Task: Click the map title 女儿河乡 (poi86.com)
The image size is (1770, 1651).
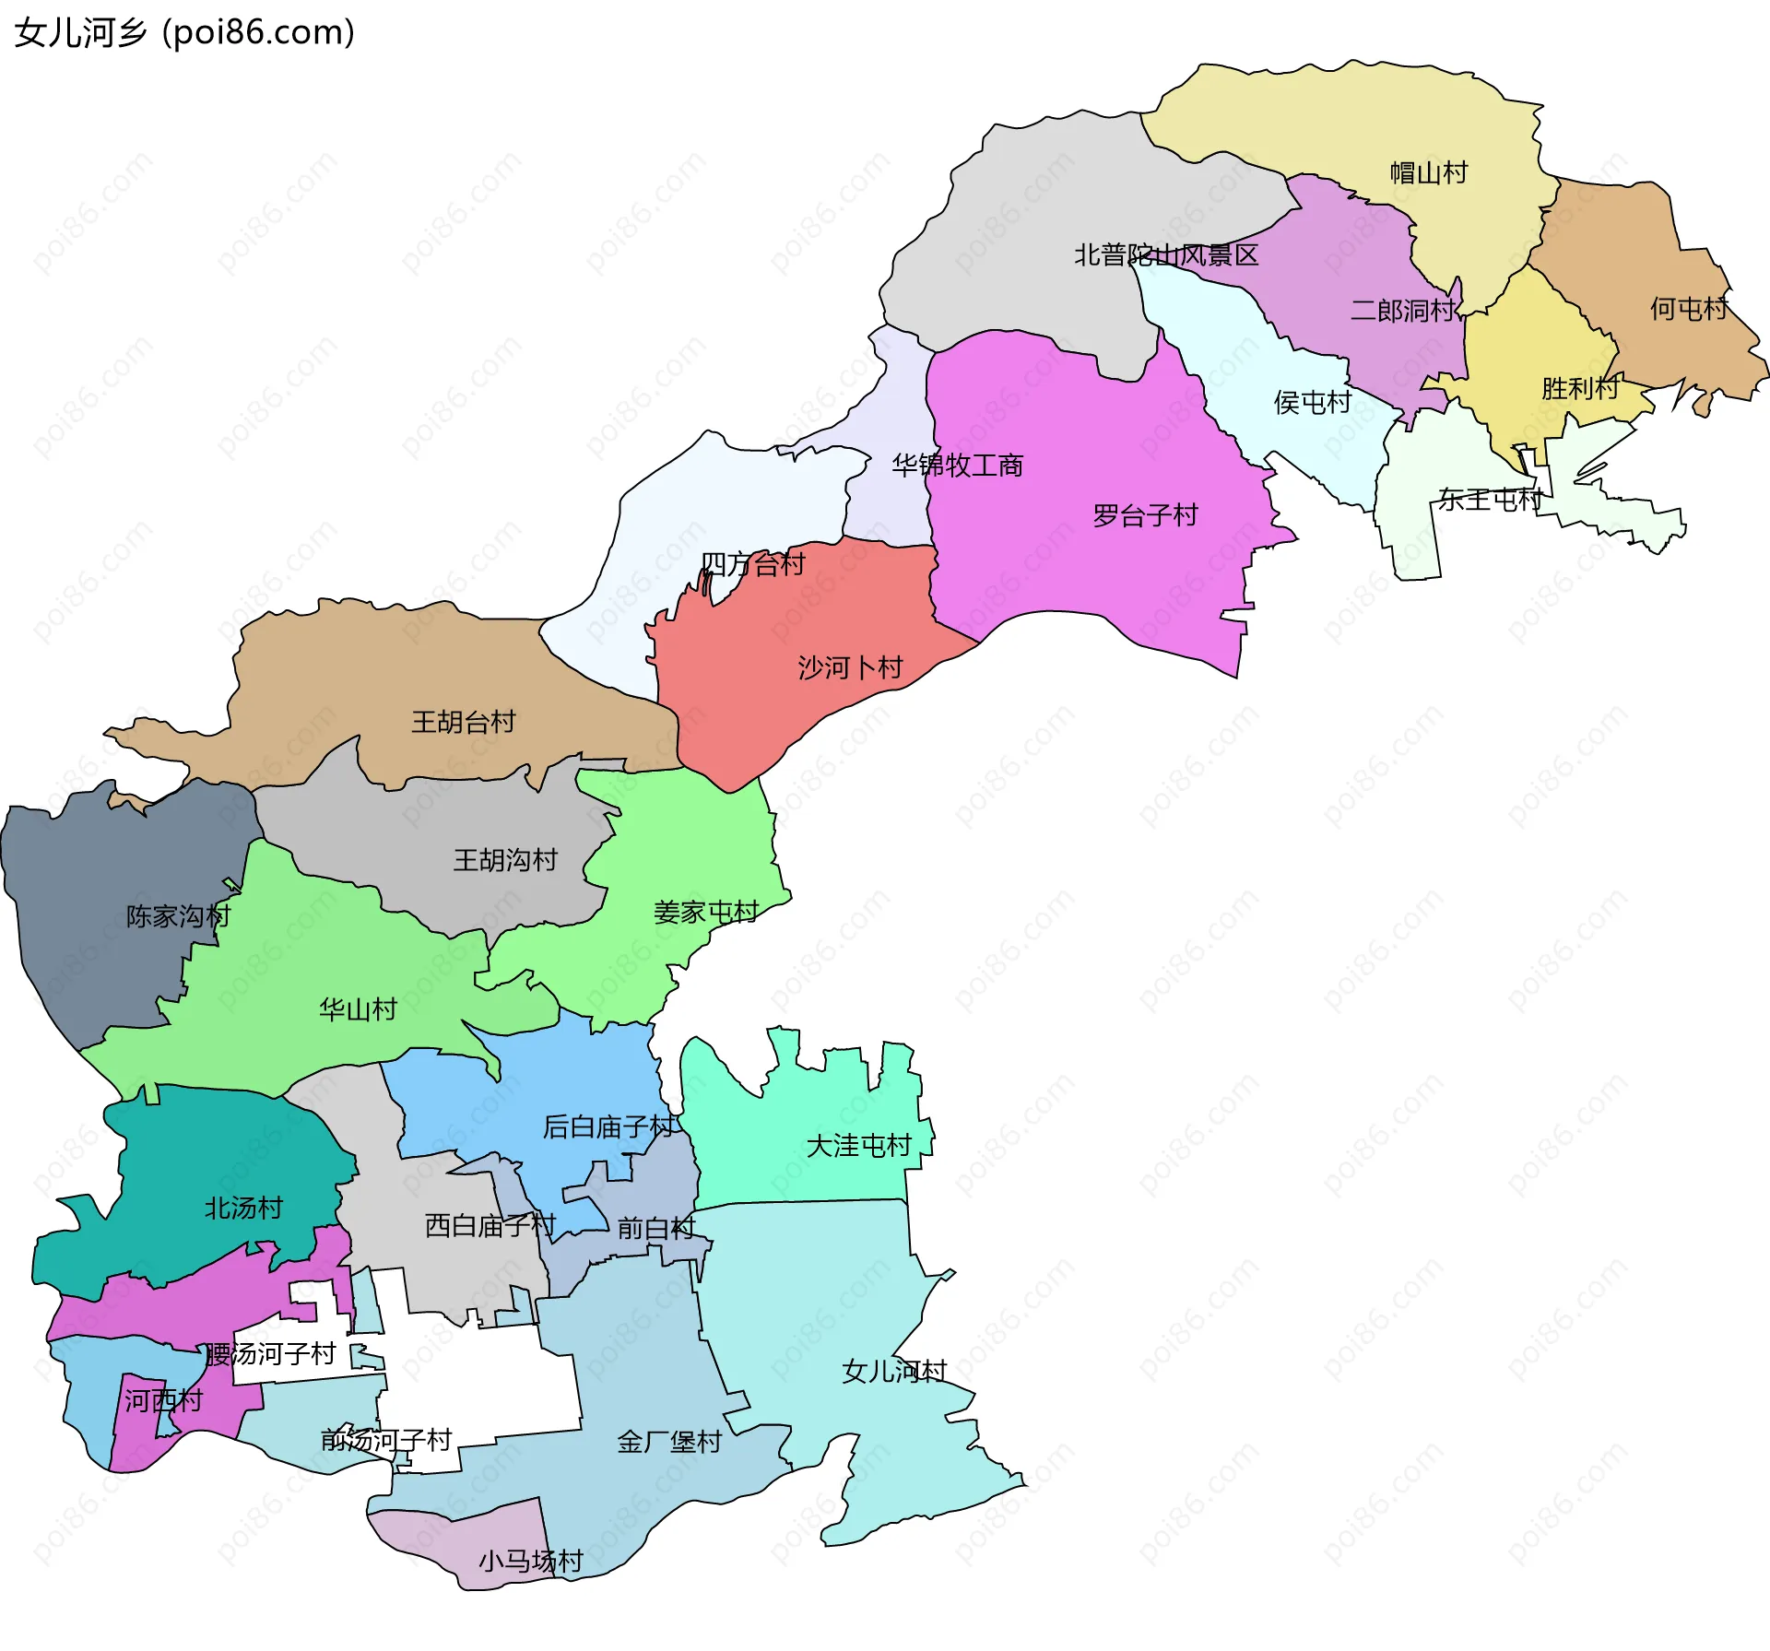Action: coord(184,32)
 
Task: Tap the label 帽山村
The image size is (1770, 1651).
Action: coord(1428,172)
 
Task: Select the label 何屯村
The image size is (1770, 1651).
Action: coord(1688,308)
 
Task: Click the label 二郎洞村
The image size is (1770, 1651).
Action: coord(1402,311)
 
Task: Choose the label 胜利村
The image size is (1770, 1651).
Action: coord(1579,388)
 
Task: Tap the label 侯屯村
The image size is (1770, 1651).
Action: coord(1312,402)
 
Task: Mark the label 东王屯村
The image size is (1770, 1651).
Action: coord(1490,500)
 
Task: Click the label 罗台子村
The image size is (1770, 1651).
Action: coord(1145,514)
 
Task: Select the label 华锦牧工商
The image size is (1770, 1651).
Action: coord(957,466)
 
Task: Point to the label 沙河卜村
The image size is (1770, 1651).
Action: coord(850,666)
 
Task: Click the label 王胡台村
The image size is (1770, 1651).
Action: coord(463,721)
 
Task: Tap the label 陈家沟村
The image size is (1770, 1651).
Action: coord(178,915)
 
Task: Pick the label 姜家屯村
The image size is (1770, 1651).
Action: coord(705,912)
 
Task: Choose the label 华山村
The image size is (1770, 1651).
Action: coord(358,1008)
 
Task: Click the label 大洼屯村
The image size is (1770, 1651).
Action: coord(858,1145)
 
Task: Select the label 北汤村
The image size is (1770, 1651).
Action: coord(242,1208)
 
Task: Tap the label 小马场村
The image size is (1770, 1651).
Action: coord(530,1561)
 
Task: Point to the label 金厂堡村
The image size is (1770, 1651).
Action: coord(668,1442)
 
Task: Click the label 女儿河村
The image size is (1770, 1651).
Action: coord(894,1371)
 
